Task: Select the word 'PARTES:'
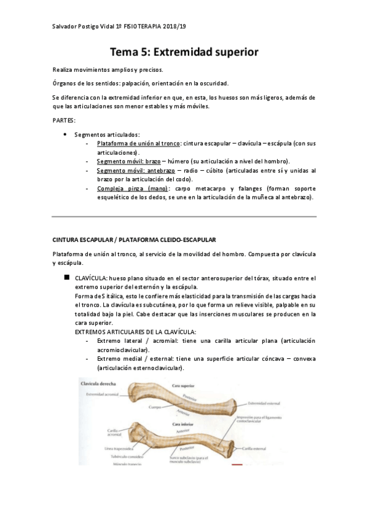tap(64, 120)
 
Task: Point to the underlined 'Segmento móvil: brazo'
tap(125, 161)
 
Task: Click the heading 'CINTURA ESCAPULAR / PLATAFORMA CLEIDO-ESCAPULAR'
tap(133, 239)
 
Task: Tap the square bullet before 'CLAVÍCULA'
tap(67, 278)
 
